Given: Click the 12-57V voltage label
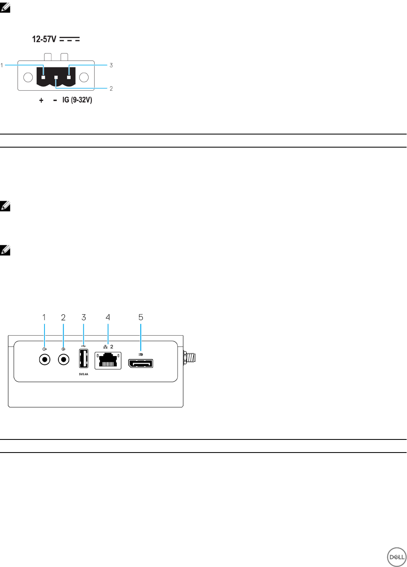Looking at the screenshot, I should pyautogui.click(x=44, y=39).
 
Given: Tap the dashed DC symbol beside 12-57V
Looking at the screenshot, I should pyautogui.click(x=70, y=39).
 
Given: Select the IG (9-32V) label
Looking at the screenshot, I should pyautogui.click(x=77, y=100).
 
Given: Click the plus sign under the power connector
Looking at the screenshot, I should pyautogui.click(x=41, y=100).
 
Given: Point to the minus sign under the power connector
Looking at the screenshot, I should pyautogui.click(x=55, y=100).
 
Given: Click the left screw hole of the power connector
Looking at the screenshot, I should pyautogui.click(x=28, y=77).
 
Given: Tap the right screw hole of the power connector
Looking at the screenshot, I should pyautogui.click(x=84, y=77).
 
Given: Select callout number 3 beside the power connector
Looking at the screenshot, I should pyautogui.click(x=111, y=65).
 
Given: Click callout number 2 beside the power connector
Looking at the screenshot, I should pyautogui.click(x=111, y=88).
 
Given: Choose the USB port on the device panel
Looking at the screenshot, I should pyautogui.click(x=84, y=359).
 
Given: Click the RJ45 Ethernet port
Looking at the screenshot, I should pyautogui.click(x=108, y=360).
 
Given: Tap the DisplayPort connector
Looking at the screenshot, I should pyautogui.click(x=141, y=363).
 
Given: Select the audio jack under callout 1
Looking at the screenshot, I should pyautogui.click(x=44, y=360).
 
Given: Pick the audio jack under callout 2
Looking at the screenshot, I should pyautogui.click(x=63, y=360).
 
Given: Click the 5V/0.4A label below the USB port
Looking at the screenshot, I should pyautogui.click(x=84, y=374).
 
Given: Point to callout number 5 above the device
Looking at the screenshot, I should pyautogui.click(x=141, y=317).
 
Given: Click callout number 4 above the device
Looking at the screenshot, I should pyautogui.click(x=108, y=317).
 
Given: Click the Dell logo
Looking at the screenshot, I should pyautogui.click(x=396, y=557).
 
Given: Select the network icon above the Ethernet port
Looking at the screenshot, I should pyautogui.click(x=105, y=347).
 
